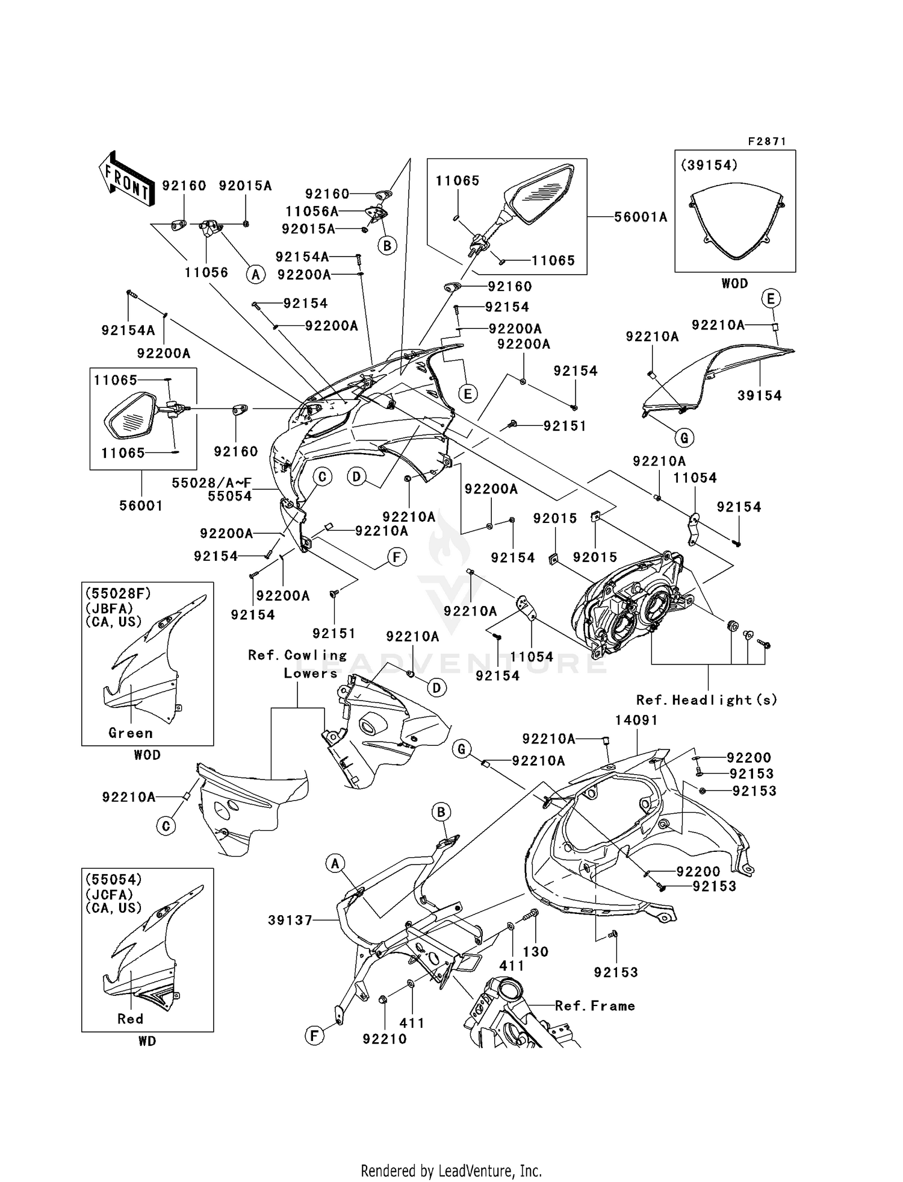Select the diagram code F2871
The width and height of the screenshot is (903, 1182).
[x=766, y=142]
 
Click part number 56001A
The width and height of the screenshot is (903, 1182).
[x=641, y=217]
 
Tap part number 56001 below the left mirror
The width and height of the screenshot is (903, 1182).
[x=141, y=505]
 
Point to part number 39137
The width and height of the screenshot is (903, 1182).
[x=290, y=920]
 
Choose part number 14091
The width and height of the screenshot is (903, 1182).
[x=636, y=720]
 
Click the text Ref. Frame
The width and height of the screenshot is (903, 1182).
[x=595, y=1005]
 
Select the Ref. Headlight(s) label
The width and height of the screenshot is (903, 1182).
[x=707, y=699]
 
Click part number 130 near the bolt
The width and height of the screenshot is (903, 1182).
[x=535, y=951]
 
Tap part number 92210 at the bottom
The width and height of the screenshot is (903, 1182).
[x=385, y=1039]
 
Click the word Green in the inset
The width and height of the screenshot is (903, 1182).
[x=131, y=733]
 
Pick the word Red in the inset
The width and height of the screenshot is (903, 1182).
[x=130, y=1019]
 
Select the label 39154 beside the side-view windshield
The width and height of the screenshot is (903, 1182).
[x=759, y=395]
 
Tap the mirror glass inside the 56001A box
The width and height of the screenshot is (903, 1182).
[x=542, y=193]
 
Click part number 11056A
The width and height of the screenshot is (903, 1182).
[x=311, y=211]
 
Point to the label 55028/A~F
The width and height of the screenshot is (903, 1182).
[x=211, y=483]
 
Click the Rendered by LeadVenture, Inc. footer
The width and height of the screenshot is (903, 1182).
[x=451, y=1171]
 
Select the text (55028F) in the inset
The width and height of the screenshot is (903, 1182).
[x=118, y=593]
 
